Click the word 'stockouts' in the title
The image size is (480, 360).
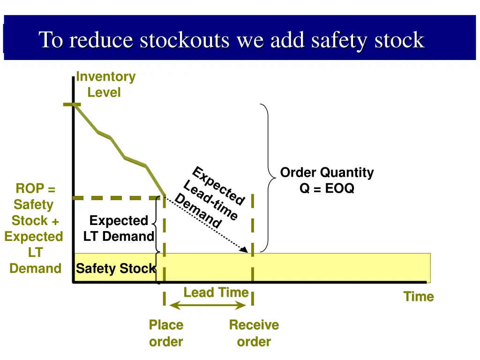point(185,40)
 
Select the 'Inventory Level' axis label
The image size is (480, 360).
point(105,84)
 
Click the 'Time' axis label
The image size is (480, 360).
point(419,296)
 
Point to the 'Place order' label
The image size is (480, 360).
point(166,333)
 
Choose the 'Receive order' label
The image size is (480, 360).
point(254,333)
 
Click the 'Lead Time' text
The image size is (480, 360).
point(216,292)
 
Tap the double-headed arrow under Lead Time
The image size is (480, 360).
point(208,305)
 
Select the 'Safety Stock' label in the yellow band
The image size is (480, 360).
point(116,269)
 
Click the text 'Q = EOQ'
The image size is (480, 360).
point(327,188)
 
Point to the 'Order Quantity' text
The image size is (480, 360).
point(327,172)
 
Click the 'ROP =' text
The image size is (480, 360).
point(36,188)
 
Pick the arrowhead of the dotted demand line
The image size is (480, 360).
point(244,249)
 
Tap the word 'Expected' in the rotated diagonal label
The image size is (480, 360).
point(219,185)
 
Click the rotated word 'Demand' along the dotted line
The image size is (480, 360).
point(198,210)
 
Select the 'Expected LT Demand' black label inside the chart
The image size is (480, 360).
point(119,228)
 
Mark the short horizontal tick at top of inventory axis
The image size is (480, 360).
point(72,105)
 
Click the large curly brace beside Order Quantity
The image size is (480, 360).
point(268,178)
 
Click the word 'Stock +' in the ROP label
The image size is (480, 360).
point(35,220)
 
